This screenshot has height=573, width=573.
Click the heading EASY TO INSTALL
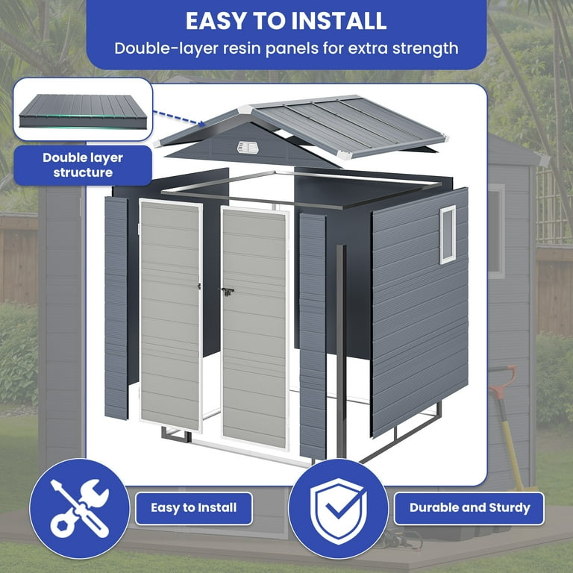(286, 20)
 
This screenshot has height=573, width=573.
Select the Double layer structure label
(83, 165)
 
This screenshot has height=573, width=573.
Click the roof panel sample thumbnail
(82, 110)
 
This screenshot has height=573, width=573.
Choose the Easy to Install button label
(193, 508)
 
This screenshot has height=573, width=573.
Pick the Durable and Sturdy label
(469, 508)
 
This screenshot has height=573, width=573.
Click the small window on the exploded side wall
(448, 234)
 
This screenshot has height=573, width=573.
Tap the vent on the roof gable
(248, 147)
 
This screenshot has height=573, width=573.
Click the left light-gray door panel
(171, 313)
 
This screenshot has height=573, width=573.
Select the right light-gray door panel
(254, 328)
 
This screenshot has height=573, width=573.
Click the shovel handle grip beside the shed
(502, 374)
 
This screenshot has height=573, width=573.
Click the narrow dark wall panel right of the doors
(312, 336)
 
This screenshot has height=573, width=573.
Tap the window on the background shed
(496, 231)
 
